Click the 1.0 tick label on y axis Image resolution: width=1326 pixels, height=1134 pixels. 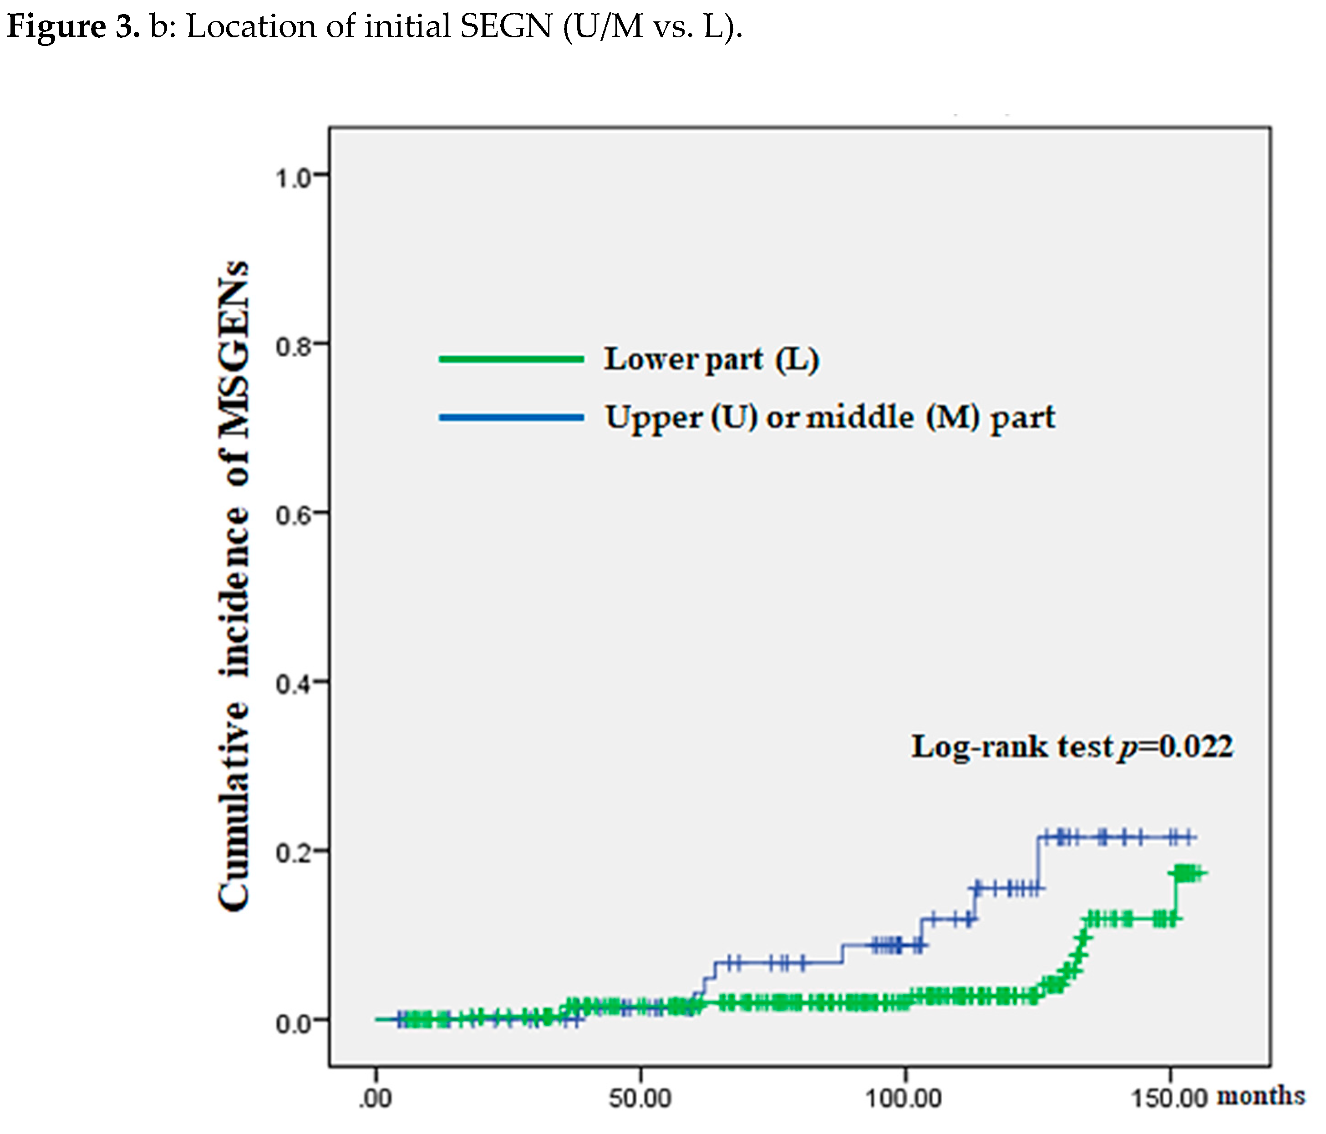point(293,178)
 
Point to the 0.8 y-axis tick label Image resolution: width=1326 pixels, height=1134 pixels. point(293,347)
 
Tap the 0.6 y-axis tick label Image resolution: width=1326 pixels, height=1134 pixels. point(293,516)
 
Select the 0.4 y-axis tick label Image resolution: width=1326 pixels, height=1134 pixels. point(293,685)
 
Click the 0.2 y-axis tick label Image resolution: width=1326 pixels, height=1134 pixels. point(293,854)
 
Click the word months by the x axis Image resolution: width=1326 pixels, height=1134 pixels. point(1260,1096)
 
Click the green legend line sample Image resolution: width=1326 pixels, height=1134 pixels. point(511,359)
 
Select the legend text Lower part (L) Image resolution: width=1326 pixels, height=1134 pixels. point(711,359)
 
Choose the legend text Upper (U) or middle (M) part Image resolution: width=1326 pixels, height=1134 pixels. point(830,418)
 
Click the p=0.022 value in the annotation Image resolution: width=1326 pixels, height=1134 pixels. point(1176,746)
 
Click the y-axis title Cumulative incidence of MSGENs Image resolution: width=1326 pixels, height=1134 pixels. point(234,585)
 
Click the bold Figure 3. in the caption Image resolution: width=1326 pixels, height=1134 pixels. point(73,27)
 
